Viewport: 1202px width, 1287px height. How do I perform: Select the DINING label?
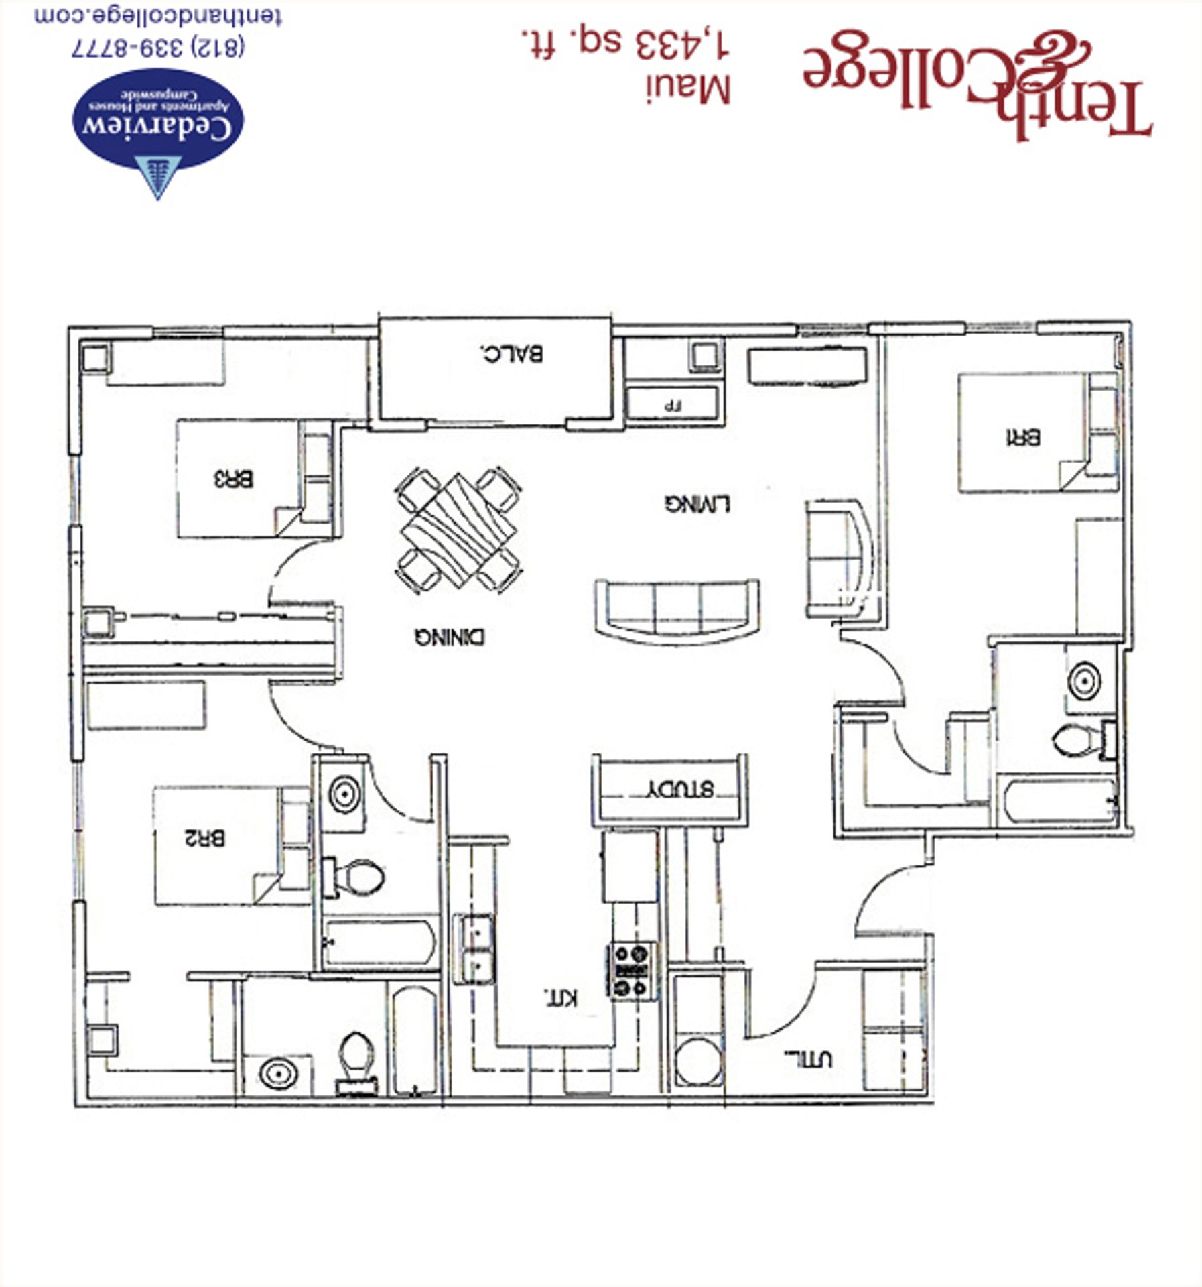449,636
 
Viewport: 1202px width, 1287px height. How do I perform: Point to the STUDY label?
679,788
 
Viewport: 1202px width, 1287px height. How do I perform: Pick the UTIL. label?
808,1059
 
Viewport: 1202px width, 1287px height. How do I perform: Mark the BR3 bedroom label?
233,479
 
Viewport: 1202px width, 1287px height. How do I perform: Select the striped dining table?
458,529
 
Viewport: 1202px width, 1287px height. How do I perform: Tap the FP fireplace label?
672,406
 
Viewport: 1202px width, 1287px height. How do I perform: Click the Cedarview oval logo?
158,119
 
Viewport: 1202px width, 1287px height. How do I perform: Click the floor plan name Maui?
688,90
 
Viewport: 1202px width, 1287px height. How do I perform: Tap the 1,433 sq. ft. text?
624,44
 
